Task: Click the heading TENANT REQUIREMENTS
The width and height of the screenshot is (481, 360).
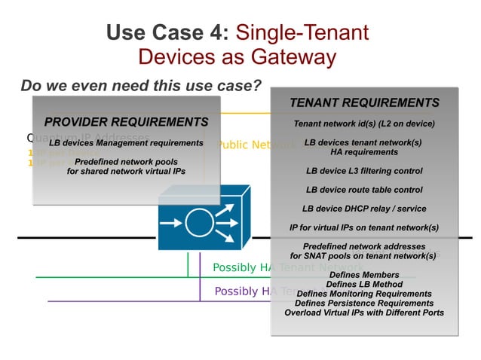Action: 364,103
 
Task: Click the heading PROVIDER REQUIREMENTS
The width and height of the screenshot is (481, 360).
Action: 126,122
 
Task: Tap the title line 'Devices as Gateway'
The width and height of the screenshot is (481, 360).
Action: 237,57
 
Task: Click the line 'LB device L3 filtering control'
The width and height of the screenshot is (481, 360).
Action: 364,171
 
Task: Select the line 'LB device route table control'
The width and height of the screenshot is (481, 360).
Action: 364,190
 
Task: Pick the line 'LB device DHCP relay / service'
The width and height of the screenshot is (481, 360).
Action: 364,209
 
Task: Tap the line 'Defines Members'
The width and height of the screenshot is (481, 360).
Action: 364,275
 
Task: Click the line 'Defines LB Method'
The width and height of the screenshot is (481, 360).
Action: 364,284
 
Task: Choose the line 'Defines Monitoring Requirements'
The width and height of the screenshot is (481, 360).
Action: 364,294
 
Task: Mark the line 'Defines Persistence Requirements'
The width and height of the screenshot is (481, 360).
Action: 364,303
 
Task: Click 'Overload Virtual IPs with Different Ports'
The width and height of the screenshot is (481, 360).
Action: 364,313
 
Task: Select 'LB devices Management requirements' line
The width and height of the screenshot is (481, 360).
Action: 126,142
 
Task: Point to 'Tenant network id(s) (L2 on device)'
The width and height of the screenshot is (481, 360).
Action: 364,124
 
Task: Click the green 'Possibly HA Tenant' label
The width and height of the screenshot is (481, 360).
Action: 240,267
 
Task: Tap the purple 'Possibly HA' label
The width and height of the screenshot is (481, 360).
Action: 242,291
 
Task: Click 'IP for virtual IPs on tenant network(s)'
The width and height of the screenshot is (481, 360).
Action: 364,227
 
